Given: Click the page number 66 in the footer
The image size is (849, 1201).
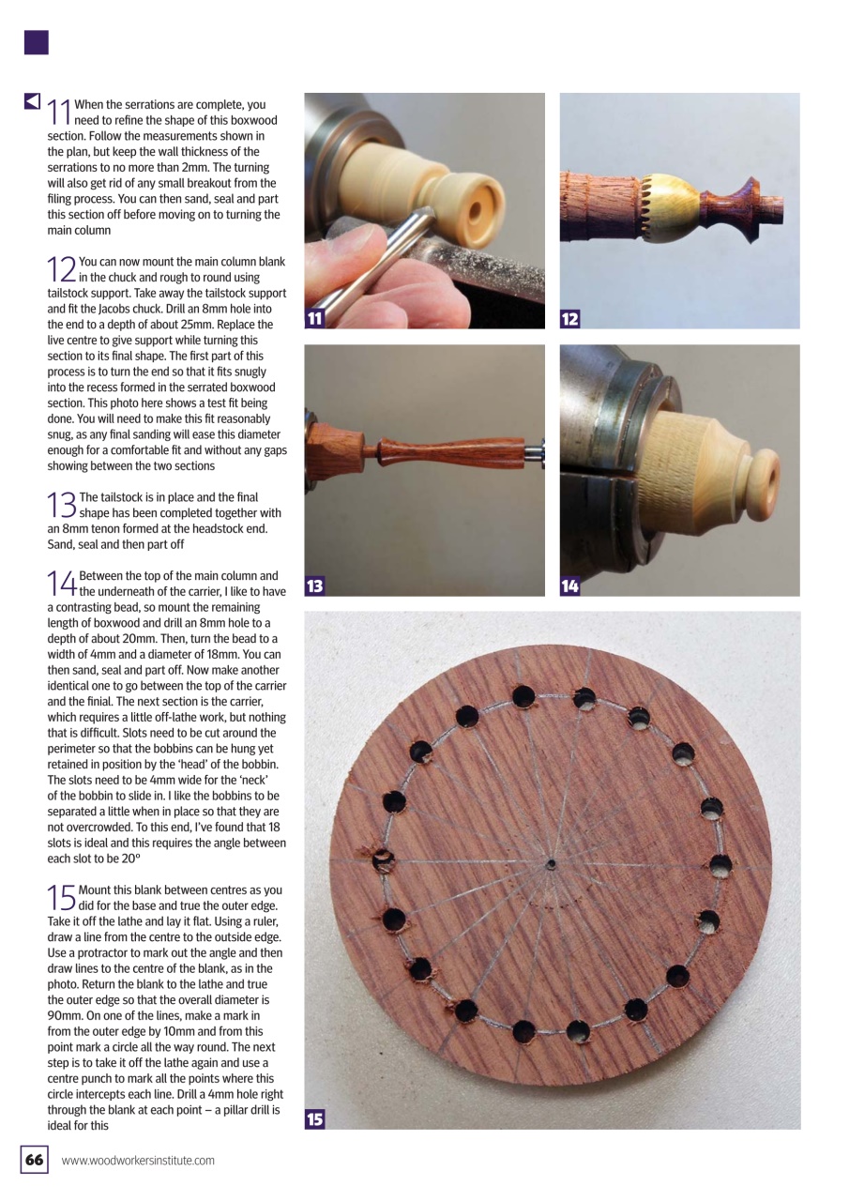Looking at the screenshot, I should pos(34,1161).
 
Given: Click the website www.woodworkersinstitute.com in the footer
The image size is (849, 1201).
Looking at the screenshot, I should pos(138,1161).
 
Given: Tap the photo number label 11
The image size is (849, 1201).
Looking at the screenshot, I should pos(315,319).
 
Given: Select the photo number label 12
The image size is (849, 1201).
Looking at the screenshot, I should pos(570,319).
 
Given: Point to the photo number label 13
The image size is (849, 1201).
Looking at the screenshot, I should pos(315,586).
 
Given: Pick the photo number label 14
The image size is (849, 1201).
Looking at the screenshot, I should pos(570,586).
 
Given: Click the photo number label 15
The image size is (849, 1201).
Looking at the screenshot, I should pos(315,1118).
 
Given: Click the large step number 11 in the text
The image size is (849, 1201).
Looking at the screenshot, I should pos(59,112).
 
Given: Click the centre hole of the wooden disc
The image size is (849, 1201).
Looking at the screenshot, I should pos(553,862).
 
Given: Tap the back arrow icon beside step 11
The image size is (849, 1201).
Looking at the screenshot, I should pos(32,100).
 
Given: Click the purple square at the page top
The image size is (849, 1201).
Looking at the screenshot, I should pos(36,42).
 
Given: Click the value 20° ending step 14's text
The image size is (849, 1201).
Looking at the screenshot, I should pos(273,859).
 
